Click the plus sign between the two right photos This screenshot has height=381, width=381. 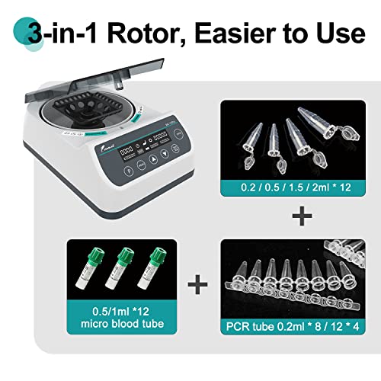(302, 217)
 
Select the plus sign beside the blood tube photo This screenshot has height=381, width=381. (198, 287)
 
